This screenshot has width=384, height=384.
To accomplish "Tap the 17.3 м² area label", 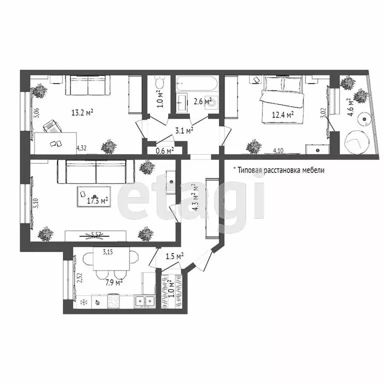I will tap(97, 201).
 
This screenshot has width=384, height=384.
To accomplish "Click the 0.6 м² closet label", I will tap(164, 150).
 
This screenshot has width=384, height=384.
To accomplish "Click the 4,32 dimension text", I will tap(82, 148).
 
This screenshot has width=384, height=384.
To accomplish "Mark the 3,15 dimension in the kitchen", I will tap(107, 252).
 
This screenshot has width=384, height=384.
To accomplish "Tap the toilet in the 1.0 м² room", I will tap(159, 82).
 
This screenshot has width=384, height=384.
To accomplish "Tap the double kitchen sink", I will tap(144, 301).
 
